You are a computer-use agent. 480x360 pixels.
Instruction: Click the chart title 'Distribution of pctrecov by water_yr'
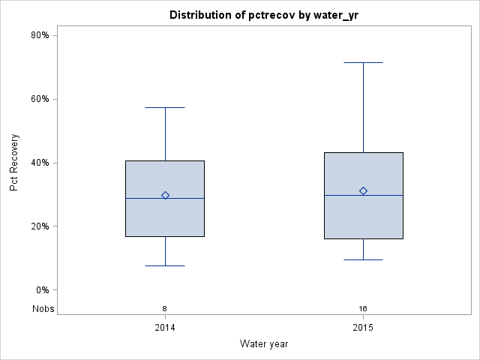pos(264,15)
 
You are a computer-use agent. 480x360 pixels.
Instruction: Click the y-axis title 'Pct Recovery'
pos(15,163)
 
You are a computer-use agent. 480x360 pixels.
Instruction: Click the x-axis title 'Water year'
pos(264,343)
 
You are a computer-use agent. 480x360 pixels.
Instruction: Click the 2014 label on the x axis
pos(165,328)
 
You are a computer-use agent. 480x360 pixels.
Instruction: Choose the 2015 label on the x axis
pos(363,328)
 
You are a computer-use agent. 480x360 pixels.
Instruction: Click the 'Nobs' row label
pos(43,308)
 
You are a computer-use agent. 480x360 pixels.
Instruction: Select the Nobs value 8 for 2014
pos(165,308)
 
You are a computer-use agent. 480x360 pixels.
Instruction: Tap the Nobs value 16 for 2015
pos(363,308)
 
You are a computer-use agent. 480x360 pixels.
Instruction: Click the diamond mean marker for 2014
pos(165,195)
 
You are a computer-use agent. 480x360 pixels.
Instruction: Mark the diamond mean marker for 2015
pos(363,191)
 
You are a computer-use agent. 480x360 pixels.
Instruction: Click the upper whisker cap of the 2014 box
pos(165,107)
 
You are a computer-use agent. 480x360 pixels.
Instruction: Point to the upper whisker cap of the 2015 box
pos(363,62)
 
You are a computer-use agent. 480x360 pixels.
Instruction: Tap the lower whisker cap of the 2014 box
pos(165,265)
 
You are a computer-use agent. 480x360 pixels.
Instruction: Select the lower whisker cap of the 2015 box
pos(363,259)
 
